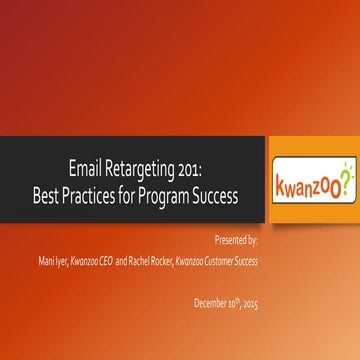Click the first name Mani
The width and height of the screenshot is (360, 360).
(x=45, y=260)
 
